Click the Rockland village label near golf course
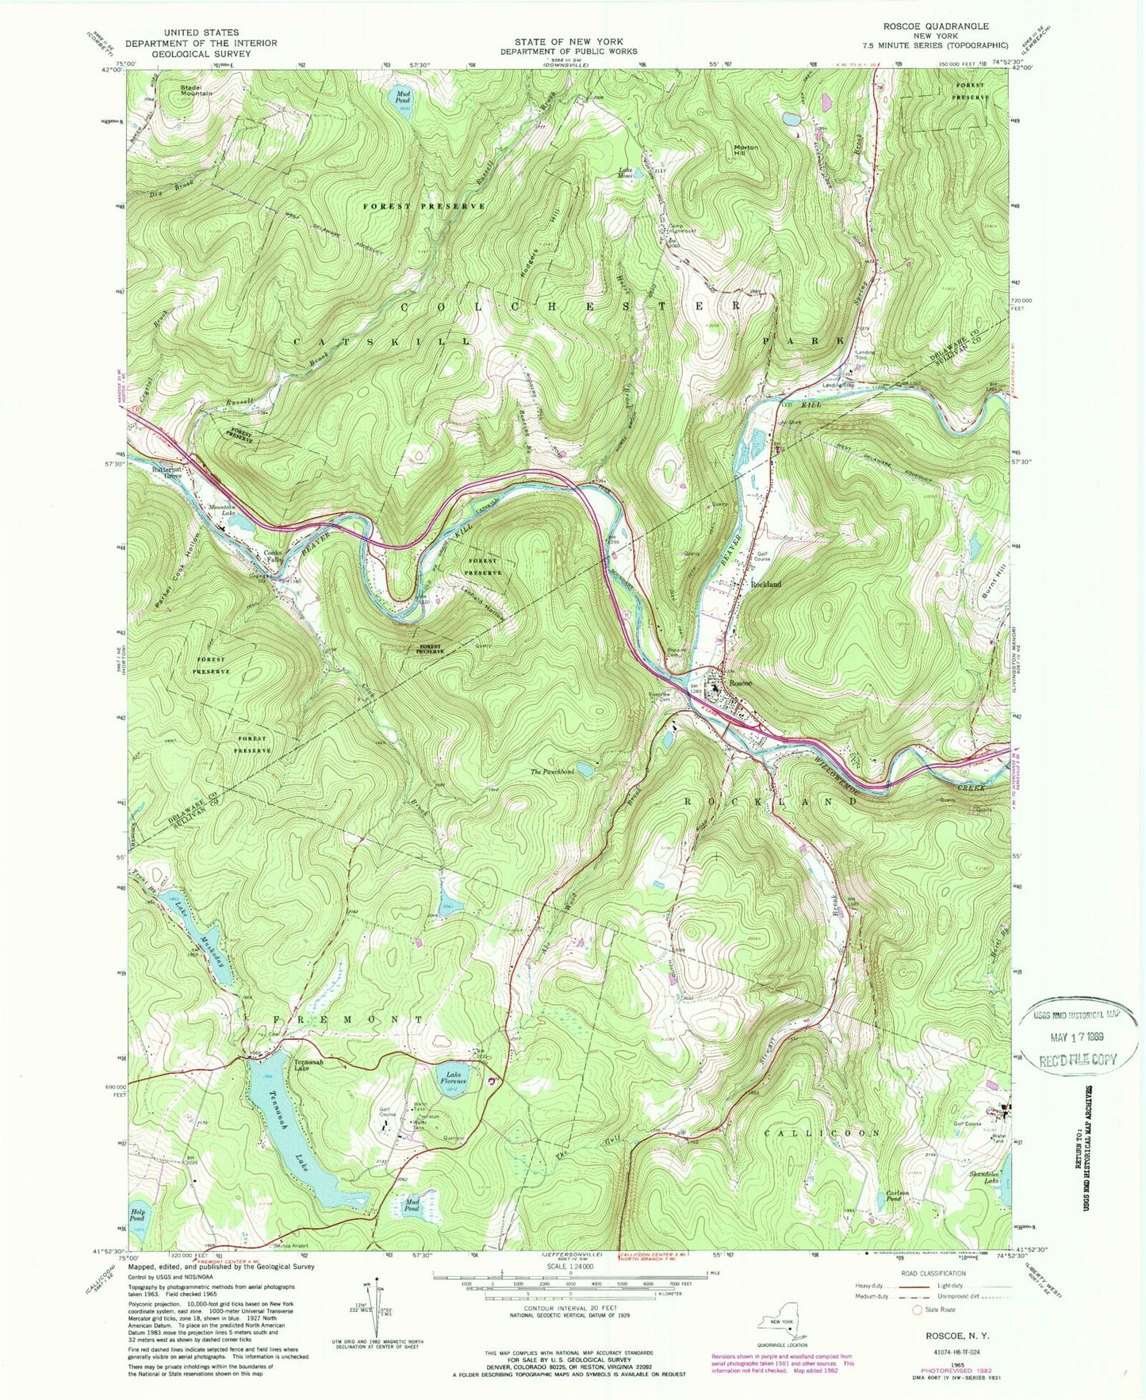[766, 584]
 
